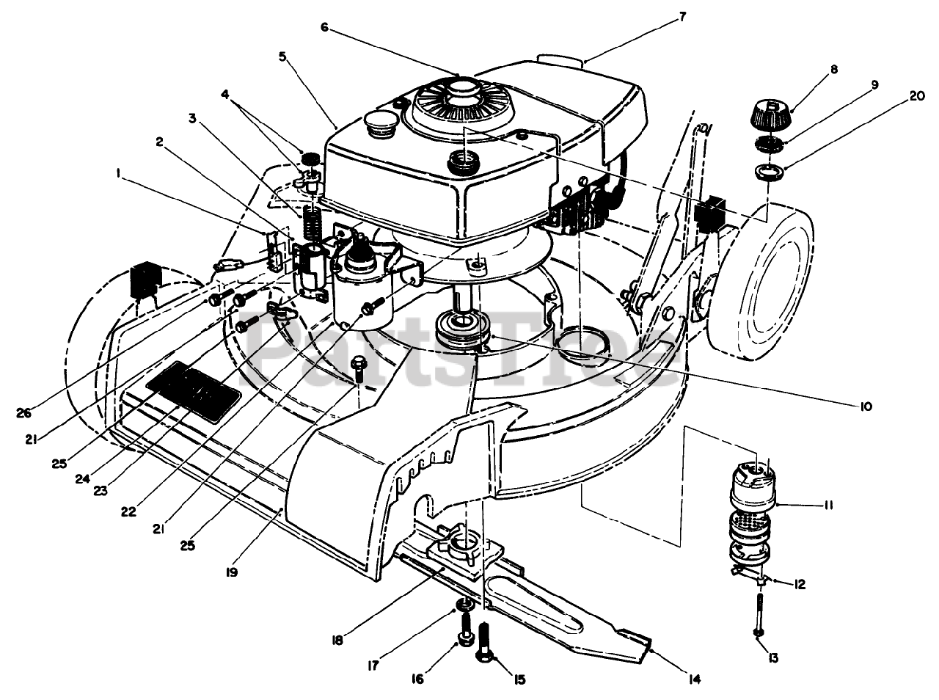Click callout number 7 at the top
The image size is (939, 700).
[x=682, y=17]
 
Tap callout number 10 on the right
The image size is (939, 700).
[x=865, y=406]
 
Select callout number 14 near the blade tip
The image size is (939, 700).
[x=694, y=679]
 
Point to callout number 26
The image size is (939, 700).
[x=23, y=413]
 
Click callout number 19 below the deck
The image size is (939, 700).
[x=231, y=572]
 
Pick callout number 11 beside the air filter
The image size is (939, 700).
[x=827, y=506]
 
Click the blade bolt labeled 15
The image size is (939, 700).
[x=484, y=647]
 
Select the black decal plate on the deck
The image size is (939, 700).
[x=193, y=393]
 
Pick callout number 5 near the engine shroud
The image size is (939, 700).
[x=282, y=57]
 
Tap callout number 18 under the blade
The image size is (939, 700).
[x=337, y=641]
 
